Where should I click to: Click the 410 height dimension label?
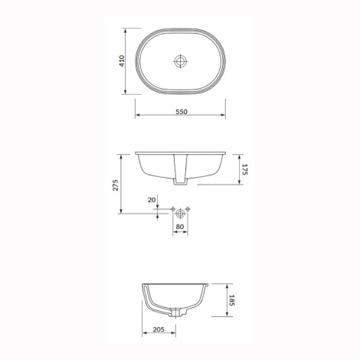coord(122,61)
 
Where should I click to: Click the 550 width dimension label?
coord(182,112)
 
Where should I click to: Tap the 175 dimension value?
coord(244,169)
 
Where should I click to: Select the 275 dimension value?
coord(116,185)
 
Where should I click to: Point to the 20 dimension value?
coord(152,200)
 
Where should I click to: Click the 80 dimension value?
coord(180,227)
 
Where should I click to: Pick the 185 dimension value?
coord(231,300)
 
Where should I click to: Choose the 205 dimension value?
coord(159,329)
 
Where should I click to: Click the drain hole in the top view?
coord(180,61)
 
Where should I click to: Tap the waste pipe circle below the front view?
coord(180,213)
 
